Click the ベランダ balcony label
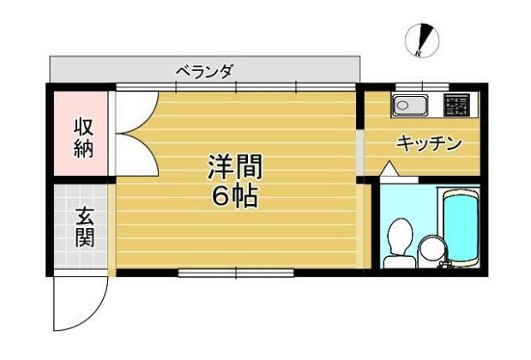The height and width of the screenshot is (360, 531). (204, 71)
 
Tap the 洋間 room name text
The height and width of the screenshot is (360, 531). (234, 166)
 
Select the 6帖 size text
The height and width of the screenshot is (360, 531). (234, 196)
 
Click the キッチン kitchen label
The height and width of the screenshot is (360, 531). (429, 143)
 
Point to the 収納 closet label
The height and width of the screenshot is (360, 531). (83, 135)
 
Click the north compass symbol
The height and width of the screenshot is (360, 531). (421, 40)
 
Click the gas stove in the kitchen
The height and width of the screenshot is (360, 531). (456, 105)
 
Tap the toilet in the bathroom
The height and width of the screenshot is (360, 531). (398, 241)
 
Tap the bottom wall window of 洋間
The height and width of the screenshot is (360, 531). (235, 273)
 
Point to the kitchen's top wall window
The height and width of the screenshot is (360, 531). (421, 86)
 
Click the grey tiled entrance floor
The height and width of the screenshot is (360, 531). (83, 227)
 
